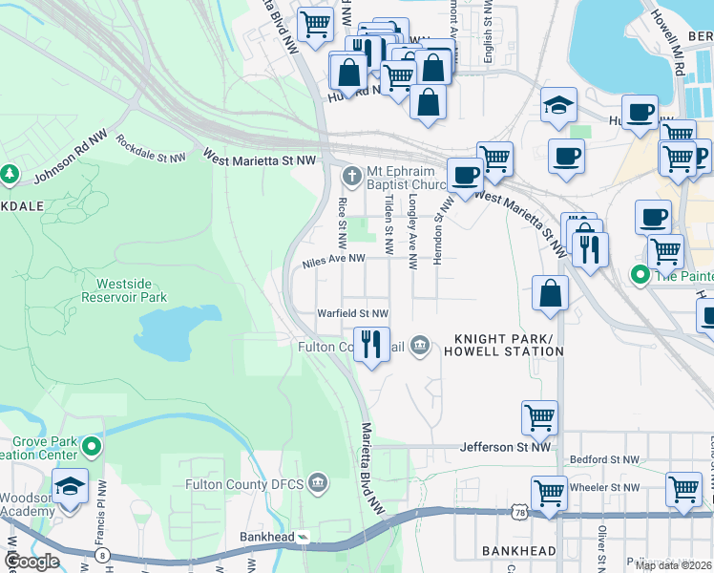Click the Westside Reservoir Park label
point(131,290)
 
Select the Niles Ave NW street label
point(334,259)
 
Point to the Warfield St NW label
point(353,313)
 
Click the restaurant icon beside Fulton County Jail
point(371,343)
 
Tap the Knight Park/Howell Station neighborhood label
point(508,345)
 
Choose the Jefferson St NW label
point(505,446)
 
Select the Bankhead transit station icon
point(303,538)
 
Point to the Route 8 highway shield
point(101,554)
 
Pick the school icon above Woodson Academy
point(71,485)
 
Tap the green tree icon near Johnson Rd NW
point(10,174)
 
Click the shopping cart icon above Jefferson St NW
point(539,416)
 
